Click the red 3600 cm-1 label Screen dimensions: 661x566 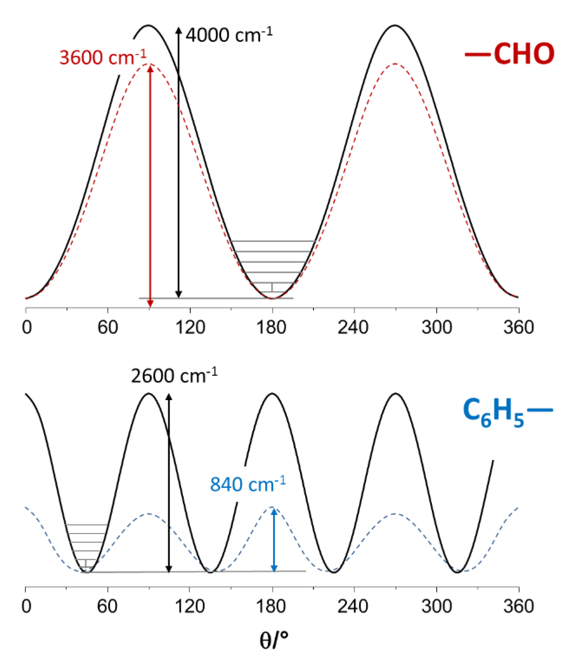click(103, 57)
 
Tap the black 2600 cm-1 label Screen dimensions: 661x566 click(174, 375)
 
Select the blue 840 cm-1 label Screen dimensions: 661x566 click(247, 484)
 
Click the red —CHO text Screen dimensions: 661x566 click(510, 53)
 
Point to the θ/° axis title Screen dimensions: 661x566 click(274, 641)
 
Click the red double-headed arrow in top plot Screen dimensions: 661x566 click(151, 185)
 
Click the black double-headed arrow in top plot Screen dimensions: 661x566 click(179, 163)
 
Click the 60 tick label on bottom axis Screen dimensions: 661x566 click(107, 606)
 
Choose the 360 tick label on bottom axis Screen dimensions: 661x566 click(519, 606)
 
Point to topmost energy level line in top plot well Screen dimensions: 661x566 click(273, 241)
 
